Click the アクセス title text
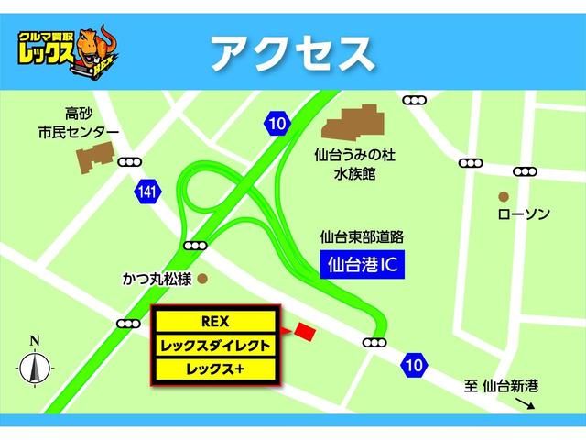[292, 53]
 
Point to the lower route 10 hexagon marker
[414, 365]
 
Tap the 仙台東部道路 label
[362, 236]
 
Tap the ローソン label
[523, 214]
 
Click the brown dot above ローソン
[504, 196]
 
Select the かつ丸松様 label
[157, 278]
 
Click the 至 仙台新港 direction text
[500, 387]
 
